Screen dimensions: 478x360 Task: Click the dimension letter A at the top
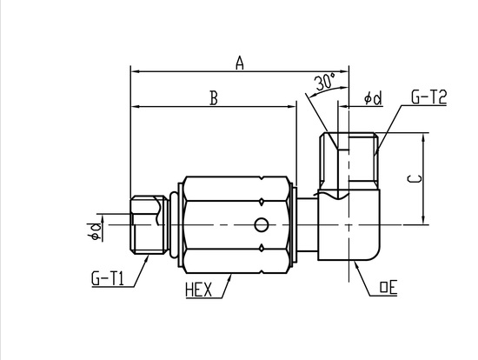point(240,63)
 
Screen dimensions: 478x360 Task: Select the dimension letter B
point(215,98)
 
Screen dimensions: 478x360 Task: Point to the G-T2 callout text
point(429,97)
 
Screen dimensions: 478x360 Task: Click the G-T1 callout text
point(108,278)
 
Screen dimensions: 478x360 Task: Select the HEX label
point(198,290)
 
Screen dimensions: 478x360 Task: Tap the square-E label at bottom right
point(388,288)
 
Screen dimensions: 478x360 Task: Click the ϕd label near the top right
point(373,98)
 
